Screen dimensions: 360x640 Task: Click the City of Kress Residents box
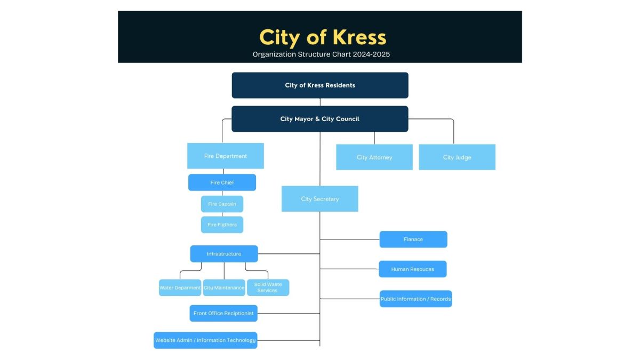[320, 85]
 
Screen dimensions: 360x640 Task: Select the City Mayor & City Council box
[320, 119]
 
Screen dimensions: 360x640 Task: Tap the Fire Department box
[226, 156]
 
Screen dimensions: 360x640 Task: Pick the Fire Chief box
[222, 182]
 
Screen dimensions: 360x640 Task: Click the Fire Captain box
[222, 204]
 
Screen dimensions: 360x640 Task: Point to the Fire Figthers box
[222, 225]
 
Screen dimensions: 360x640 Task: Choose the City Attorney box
[374, 157]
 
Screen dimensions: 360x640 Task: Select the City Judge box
[457, 157]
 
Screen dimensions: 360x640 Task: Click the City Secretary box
[320, 199]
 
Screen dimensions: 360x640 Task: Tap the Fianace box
[413, 239]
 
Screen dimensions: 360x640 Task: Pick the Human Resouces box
[413, 269]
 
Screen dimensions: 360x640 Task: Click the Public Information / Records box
[415, 299]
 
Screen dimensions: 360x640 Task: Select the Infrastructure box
[224, 254]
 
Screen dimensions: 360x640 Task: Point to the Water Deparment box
[180, 288]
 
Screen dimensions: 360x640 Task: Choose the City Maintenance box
[224, 288]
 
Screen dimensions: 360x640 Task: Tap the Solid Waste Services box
[268, 287]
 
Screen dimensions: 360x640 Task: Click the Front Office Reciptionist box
[223, 314]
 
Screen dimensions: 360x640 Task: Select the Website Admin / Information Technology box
[205, 340]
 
